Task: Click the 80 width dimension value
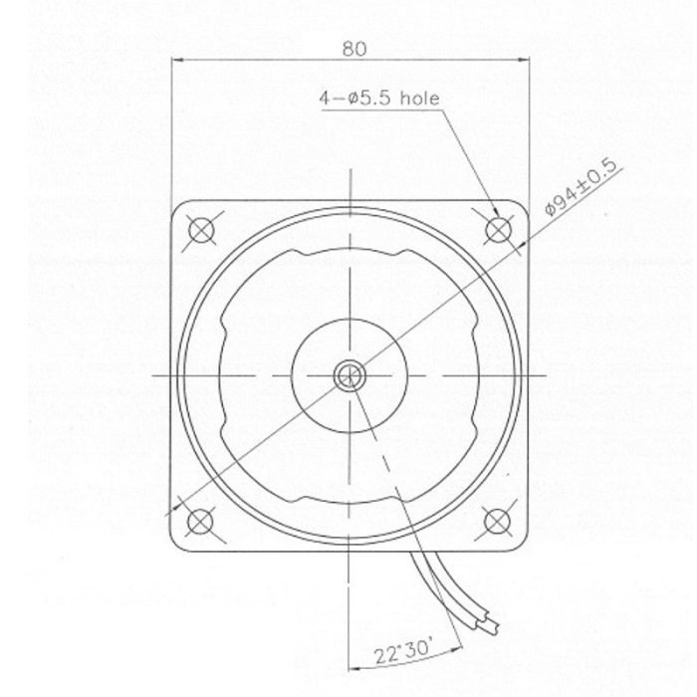click(x=349, y=46)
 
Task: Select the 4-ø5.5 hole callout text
click(x=378, y=99)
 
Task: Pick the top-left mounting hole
click(x=200, y=229)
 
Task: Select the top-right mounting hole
click(x=498, y=230)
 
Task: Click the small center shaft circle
click(x=349, y=375)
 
